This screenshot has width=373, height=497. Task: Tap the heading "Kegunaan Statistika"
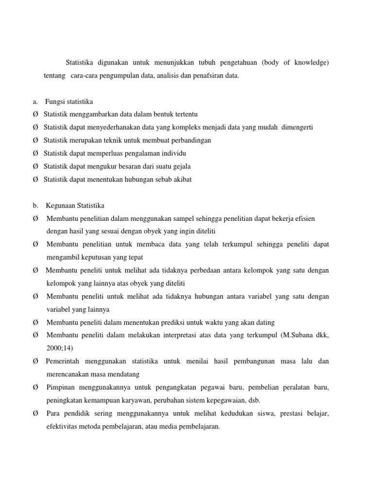[x=75, y=205]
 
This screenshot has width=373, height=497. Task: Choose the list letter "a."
[x=35, y=101]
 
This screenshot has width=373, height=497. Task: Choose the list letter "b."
[x=36, y=205]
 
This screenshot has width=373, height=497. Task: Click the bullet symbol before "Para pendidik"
[x=36, y=414]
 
